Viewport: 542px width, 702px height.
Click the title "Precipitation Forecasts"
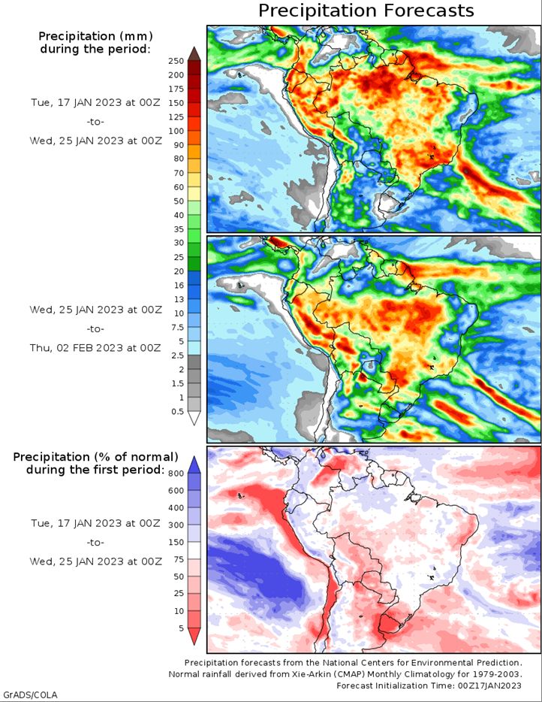[366, 11]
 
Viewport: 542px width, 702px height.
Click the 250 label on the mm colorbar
[176, 61]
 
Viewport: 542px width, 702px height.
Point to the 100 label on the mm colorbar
[176, 132]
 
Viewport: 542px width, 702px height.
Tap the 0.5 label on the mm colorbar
[177, 411]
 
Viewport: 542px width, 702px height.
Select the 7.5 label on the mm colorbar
[177, 327]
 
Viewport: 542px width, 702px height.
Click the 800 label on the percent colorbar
[176, 474]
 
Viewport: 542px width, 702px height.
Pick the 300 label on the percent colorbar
[176, 525]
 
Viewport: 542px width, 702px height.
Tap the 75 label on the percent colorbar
[179, 559]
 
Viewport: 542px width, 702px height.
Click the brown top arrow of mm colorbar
[194, 53]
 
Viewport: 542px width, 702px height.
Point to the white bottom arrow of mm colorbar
[194, 418]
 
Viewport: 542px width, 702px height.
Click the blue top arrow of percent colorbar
[194, 464]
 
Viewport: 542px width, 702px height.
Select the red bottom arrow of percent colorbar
[194, 636]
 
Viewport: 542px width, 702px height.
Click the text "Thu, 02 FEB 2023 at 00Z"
[95, 348]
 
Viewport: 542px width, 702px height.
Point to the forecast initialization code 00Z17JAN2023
[489, 685]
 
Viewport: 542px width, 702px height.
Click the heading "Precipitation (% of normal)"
[95, 457]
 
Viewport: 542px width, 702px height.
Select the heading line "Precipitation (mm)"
[95, 36]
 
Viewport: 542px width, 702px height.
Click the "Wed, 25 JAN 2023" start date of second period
[77, 310]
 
